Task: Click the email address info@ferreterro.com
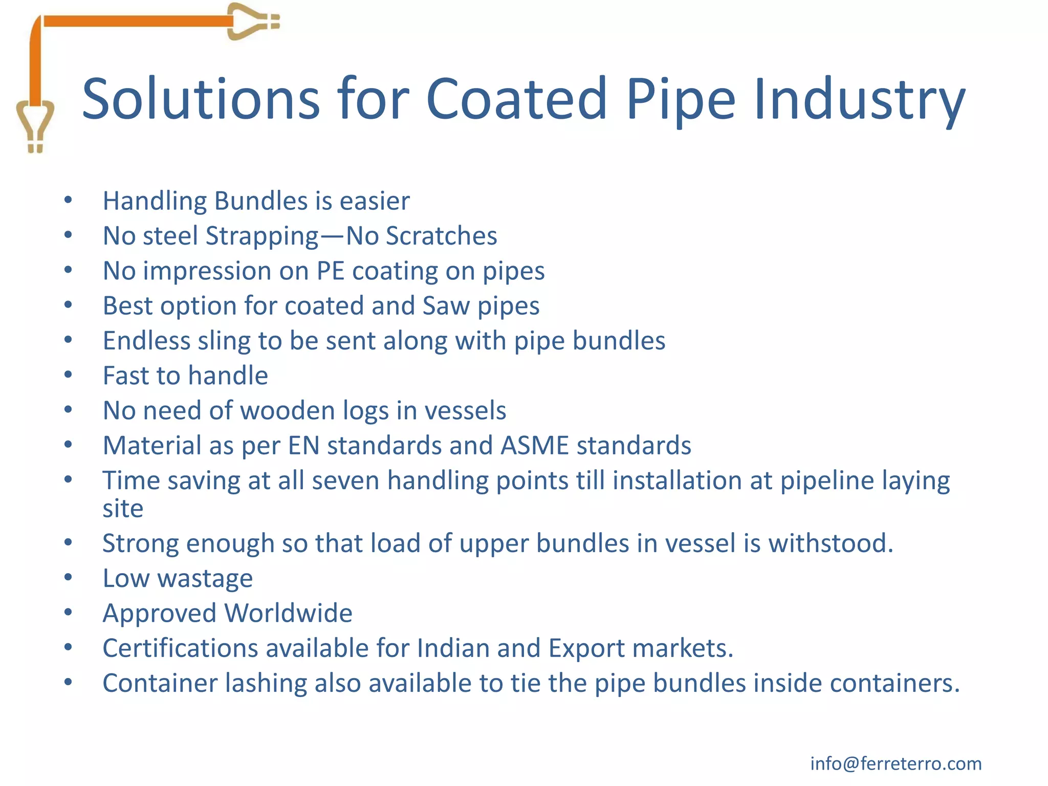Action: click(896, 763)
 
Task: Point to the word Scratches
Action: click(441, 236)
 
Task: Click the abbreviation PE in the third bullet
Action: click(330, 271)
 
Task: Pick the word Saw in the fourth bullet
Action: click(446, 306)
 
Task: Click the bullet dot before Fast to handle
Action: click(68, 375)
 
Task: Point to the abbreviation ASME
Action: click(535, 446)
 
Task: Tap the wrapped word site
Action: click(123, 509)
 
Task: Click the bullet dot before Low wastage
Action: click(68, 578)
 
